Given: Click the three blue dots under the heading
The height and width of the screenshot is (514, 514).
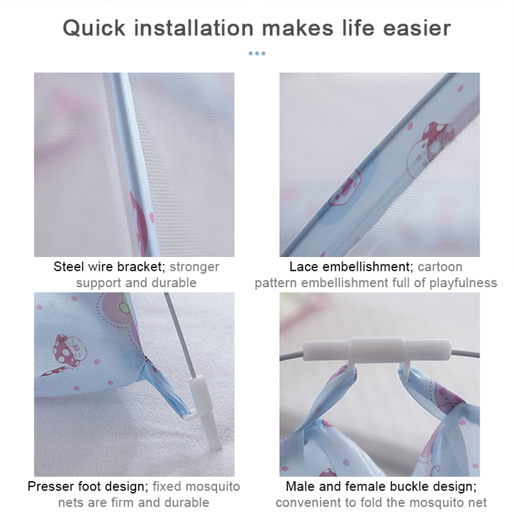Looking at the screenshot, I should pos(256,53).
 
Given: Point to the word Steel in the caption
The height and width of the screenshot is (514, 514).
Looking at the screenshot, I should pos(69,267).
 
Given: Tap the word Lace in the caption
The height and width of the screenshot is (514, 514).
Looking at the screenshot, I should pos(304,267).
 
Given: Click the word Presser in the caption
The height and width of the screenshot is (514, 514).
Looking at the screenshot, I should pos(50,487).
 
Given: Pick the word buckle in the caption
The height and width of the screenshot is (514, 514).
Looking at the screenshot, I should pos(396,487).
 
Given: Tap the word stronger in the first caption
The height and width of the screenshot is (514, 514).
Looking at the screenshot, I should pos(195,267).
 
